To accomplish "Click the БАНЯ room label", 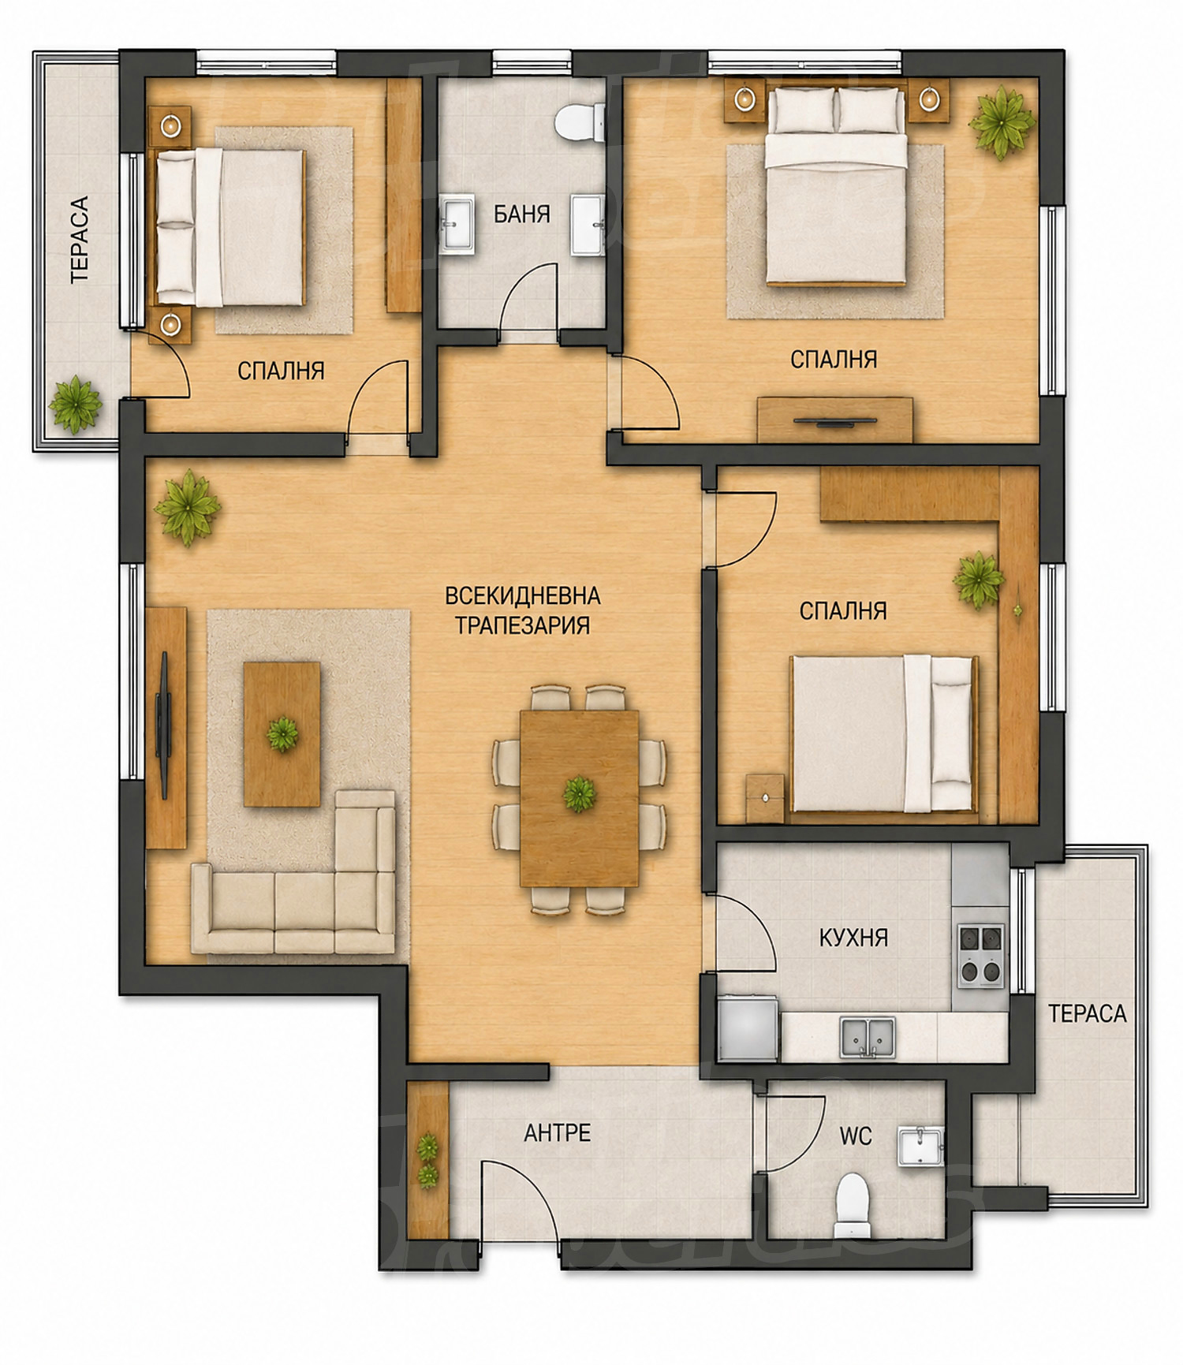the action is pos(521,214).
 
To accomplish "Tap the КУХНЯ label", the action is pos(853,938).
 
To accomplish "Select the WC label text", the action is pos(855,1136).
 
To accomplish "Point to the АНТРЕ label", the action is pos(557,1132).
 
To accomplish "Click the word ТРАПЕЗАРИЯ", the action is pos(522,625).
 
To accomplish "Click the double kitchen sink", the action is pos(868,1037).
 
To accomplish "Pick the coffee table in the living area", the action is pos(282,734).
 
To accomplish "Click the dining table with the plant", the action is pos(579,799).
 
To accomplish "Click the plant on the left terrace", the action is pos(75,405).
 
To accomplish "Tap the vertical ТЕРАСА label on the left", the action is pos(80,239).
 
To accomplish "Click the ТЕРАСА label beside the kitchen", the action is pos(1087,1013).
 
